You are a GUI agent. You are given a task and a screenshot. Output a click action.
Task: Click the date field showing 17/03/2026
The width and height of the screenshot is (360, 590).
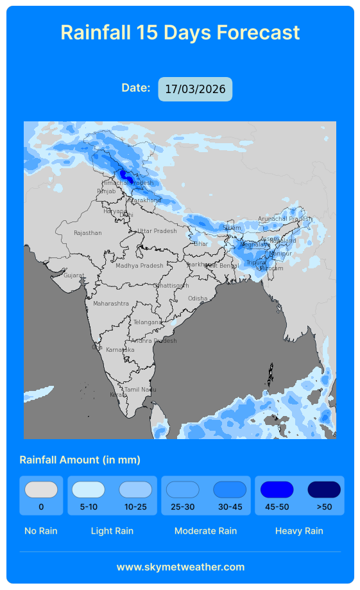click(x=195, y=89)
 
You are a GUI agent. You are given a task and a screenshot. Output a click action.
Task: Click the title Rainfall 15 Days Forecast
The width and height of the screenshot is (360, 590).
click(x=180, y=32)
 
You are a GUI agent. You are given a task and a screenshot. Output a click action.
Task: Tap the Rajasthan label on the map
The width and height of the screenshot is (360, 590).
click(x=87, y=233)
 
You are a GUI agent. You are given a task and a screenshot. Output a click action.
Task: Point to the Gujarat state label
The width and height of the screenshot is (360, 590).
click(x=73, y=275)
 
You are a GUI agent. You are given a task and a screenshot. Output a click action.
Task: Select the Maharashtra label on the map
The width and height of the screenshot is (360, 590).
click(x=110, y=303)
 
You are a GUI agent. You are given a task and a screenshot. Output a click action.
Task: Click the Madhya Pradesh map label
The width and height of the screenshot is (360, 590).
click(x=139, y=266)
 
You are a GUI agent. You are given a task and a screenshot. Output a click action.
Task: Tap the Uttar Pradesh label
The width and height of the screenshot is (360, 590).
click(x=157, y=231)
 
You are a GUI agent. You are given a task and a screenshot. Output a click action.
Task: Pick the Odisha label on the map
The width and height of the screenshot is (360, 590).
click(x=197, y=299)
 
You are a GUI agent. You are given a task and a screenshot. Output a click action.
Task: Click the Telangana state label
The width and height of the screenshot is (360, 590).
click(x=147, y=322)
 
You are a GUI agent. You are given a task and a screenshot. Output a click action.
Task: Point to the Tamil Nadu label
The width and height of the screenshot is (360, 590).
click(x=140, y=390)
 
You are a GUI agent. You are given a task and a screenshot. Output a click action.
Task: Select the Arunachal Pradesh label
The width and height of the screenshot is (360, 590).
click(x=284, y=219)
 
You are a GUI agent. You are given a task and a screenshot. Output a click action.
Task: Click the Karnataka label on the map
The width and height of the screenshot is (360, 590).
click(x=120, y=350)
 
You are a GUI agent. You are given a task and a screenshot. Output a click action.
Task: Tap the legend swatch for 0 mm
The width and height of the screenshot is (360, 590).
click(x=41, y=490)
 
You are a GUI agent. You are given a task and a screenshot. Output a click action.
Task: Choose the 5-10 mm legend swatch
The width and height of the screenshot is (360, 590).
click(x=89, y=490)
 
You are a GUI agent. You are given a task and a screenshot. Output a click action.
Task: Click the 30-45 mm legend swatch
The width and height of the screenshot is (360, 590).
click(x=230, y=490)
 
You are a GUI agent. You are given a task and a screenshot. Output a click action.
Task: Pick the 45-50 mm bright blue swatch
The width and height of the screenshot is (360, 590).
click(x=277, y=490)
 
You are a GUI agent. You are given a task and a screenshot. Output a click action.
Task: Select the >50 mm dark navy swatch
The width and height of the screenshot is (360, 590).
click(x=324, y=490)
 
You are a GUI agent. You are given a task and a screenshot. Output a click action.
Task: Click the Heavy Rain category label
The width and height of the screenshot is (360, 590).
click(x=299, y=531)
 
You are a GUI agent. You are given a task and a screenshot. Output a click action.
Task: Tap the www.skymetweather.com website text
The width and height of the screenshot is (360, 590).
click(x=180, y=567)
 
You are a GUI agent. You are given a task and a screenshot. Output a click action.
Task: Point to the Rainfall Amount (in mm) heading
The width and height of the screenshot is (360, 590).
click(x=80, y=460)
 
